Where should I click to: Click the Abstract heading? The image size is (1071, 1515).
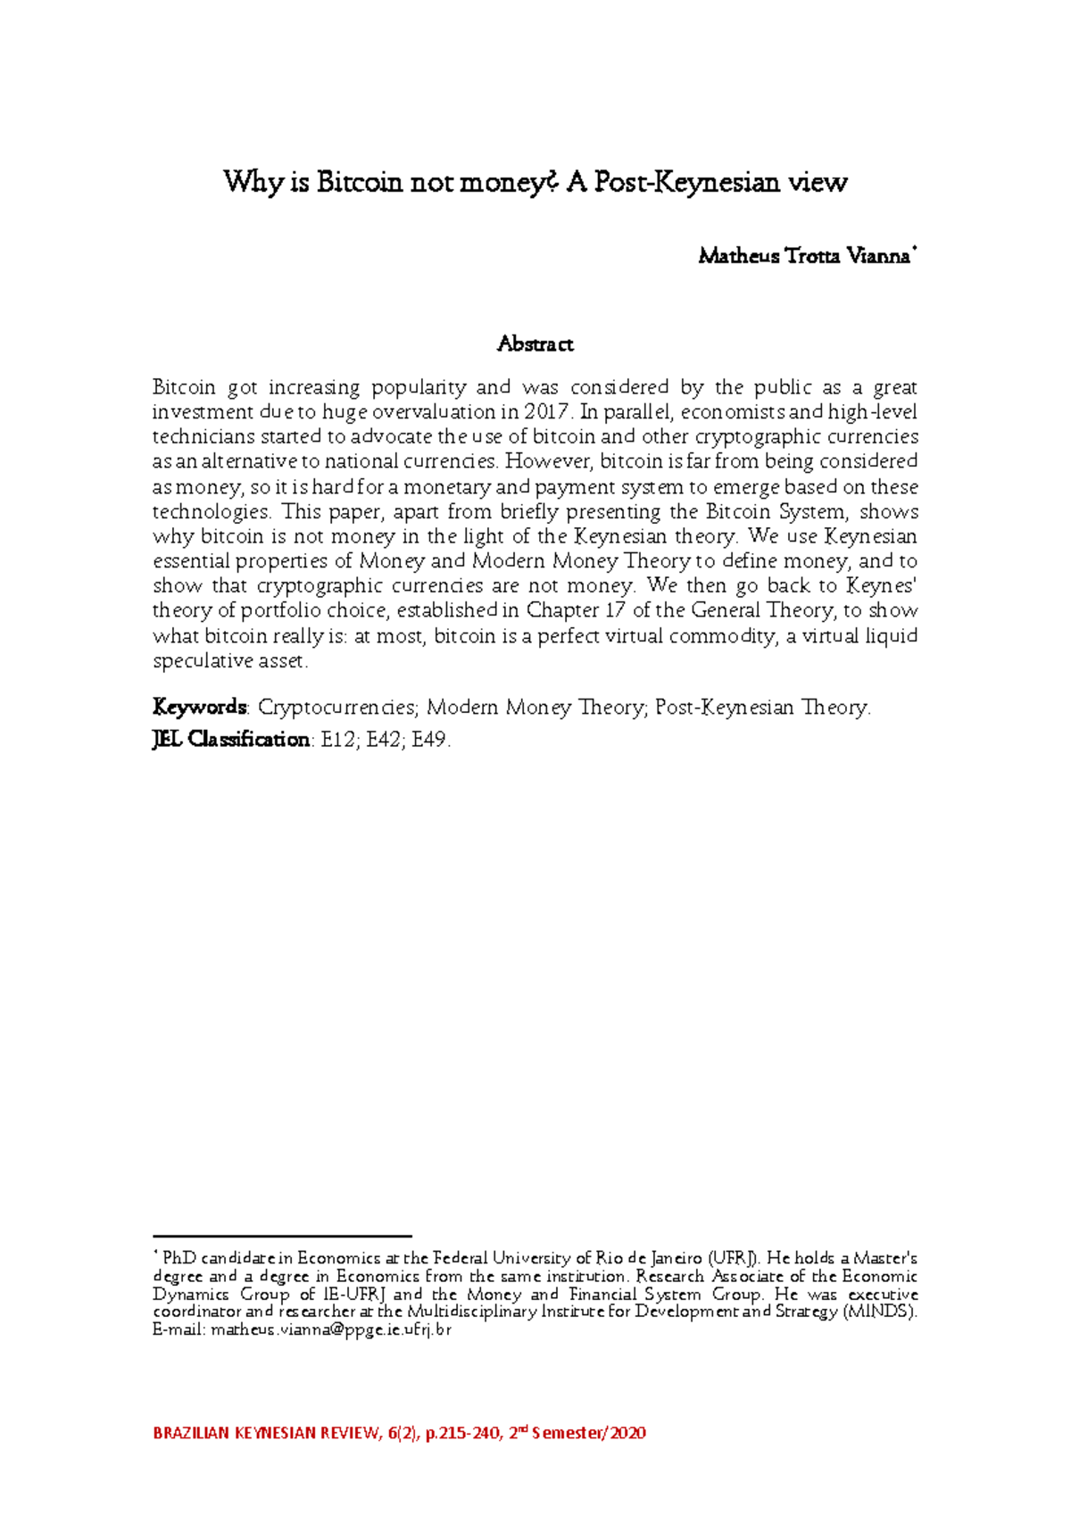pyautogui.click(x=535, y=344)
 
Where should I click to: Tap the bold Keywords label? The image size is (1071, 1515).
pyautogui.click(x=199, y=708)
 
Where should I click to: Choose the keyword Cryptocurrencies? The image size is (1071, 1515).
pyautogui.click(x=336, y=708)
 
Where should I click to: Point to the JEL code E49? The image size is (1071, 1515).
pyautogui.click(x=431, y=740)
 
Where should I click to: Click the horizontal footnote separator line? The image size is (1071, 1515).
pyautogui.click(x=282, y=1237)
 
